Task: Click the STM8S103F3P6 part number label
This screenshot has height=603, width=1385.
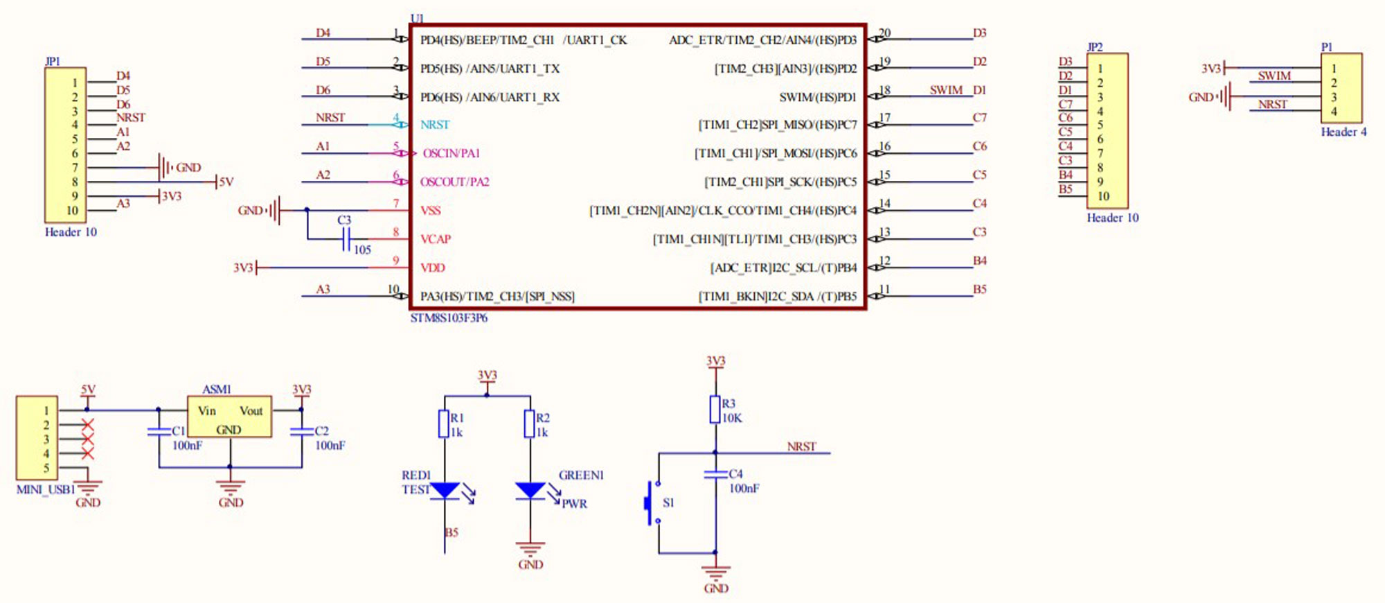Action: point(449,318)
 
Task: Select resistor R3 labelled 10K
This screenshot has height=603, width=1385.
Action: point(715,410)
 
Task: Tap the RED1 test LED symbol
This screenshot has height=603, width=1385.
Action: point(445,491)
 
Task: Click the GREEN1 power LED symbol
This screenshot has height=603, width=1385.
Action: point(530,491)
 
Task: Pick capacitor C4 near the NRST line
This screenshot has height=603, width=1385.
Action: point(715,475)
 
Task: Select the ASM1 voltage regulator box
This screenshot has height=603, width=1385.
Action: point(229,417)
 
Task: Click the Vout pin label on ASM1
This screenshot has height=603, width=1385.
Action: point(251,411)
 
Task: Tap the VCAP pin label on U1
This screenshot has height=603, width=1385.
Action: point(436,239)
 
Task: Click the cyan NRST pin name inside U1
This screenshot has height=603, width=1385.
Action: point(435,125)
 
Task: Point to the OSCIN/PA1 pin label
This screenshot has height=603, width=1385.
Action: point(451,153)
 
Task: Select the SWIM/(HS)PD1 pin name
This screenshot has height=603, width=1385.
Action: point(817,97)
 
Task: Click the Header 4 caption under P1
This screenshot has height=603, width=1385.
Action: point(1343,132)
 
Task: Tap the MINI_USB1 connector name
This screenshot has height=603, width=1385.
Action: point(45,489)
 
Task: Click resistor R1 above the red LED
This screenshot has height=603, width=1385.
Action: point(444,423)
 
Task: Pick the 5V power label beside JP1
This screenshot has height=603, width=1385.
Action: point(226,182)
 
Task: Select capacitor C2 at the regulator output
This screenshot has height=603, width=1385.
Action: point(302,431)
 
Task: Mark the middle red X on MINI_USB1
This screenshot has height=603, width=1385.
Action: point(87,439)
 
